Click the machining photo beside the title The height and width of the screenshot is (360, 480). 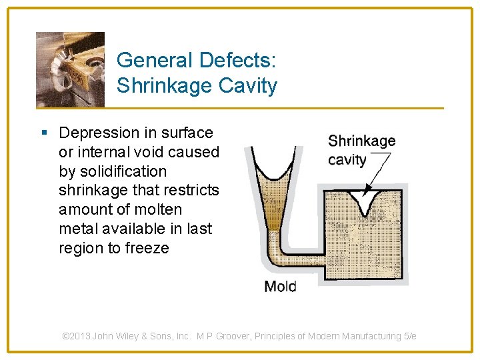(x=70, y=69)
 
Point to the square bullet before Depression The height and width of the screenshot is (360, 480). (x=43, y=133)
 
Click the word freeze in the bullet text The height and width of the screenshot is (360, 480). (x=148, y=249)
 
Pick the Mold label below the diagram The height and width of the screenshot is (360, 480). (x=280, y=287)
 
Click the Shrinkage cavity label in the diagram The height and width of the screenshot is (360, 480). (x=361, y=150)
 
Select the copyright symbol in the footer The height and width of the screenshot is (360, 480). (x=66, y=337)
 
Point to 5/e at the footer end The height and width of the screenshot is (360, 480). (x=410, y=337)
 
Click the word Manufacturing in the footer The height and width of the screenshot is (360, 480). (x=371, y=337)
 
